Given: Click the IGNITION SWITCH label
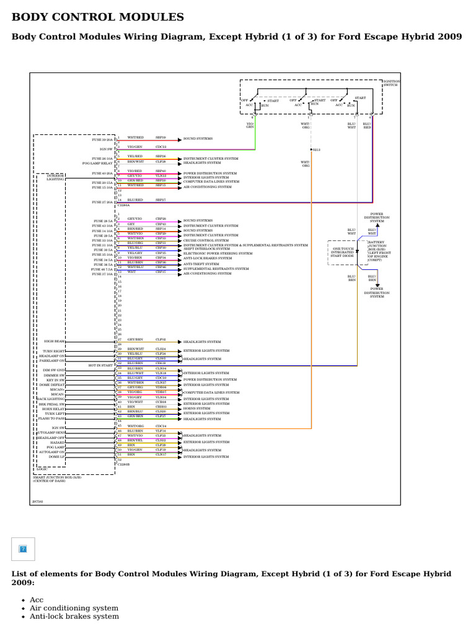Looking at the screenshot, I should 392,83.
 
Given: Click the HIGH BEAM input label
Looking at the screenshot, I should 55,341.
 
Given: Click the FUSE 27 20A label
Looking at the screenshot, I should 103,202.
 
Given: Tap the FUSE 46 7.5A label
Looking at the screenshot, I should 102,269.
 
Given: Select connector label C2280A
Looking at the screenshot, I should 123,205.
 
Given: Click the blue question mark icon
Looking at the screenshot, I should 24,549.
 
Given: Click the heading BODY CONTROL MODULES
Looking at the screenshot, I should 98,17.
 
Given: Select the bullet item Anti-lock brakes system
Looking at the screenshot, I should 74,616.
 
